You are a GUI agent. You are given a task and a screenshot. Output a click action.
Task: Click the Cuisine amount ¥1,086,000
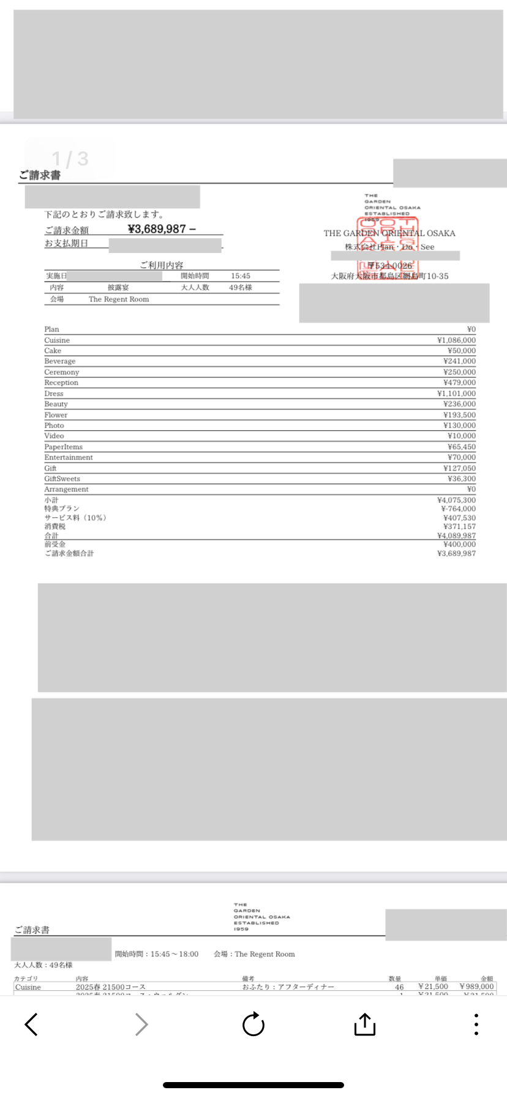[456, 340]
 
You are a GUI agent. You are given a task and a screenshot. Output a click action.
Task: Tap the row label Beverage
[59, 362]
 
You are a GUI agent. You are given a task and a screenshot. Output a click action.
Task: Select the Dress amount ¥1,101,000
[456, 393]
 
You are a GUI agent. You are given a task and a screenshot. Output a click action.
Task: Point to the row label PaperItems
[63, 447]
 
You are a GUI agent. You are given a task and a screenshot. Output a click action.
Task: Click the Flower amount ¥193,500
[459, 415]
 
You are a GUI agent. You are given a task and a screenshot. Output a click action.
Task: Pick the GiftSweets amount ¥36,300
[461, 479]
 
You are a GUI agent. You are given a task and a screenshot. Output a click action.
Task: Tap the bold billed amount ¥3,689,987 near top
[157, 229]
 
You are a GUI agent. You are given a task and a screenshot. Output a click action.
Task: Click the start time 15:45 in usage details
[241, 276]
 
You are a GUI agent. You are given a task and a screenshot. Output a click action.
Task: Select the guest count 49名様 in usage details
[241, 287]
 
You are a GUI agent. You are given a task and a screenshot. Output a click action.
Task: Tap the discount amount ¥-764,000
[458, 509]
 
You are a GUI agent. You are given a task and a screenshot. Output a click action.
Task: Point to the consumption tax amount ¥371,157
[459, 526]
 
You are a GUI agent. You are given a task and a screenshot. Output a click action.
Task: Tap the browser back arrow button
[31, 1024]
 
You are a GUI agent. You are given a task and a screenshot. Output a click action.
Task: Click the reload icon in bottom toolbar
[254, 1024]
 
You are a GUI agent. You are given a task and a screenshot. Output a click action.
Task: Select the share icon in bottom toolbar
[365, 1024]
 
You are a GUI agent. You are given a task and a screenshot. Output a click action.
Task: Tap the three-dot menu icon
[476, 1024]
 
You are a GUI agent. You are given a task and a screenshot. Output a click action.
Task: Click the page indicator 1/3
[70, 159]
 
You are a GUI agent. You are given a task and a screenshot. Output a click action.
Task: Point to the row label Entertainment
[69, 458]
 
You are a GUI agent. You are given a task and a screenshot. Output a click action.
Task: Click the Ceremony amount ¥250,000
[459, 372]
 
